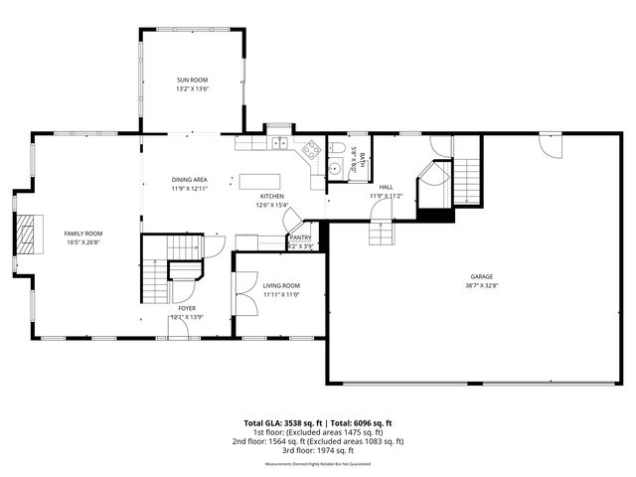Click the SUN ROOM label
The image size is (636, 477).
[192, 79]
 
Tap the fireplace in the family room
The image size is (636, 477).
[28, 235]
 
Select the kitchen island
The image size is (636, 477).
[259, 182]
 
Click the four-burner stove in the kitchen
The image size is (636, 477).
[311, 150]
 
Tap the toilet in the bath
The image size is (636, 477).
[337, 149]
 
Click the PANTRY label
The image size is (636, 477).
[300, 238]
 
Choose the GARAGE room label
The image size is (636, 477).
[482, 276]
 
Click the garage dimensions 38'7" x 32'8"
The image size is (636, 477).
[482, 285]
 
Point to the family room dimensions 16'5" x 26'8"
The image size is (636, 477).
[83, 241]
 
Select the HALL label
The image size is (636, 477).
[386, 186]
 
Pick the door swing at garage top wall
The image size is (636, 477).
[544, 146]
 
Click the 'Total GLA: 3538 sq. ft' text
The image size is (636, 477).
[285, 422]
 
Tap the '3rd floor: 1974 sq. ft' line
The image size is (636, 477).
[317, 450]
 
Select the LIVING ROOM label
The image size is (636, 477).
[281, 285]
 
